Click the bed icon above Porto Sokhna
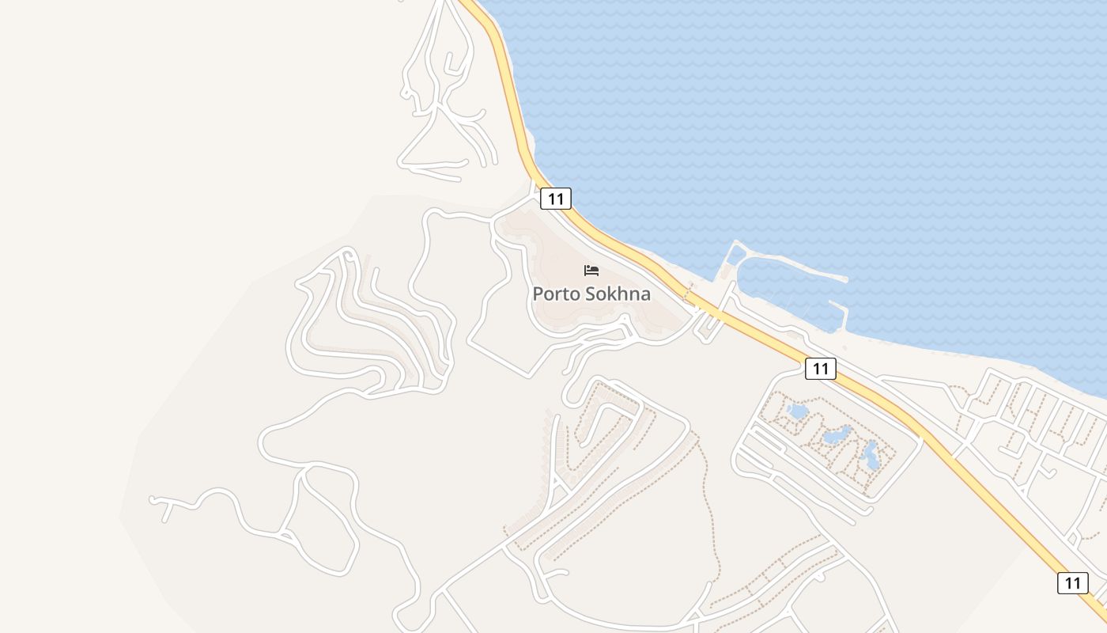[x=591, y=271]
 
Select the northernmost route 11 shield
[x=556, y=199]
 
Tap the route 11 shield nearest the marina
[x=821, y=368]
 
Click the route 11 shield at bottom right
[x=1072, y=583]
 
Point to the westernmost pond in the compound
[x=798, y=411]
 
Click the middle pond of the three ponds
[x=837, y=434]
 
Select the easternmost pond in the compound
[x=871, y=456]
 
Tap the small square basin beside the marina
[x=736, y=255]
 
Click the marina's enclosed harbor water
[x=783, y=293]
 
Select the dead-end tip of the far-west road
[x=153, y=500]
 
